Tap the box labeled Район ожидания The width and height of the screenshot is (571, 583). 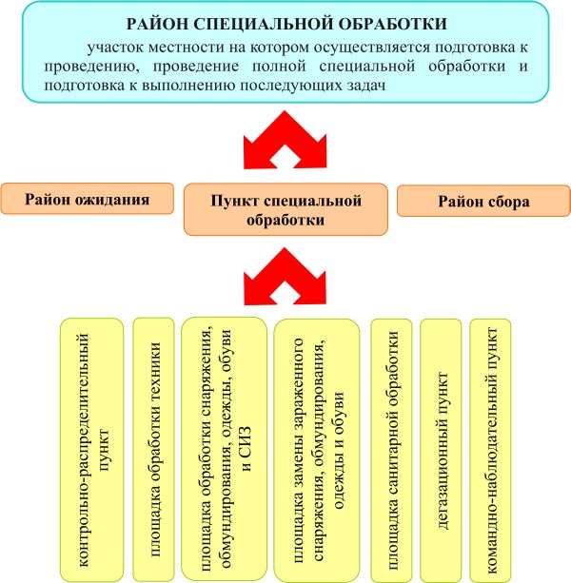coord(87,200)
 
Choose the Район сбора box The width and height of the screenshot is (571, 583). coord(483,201)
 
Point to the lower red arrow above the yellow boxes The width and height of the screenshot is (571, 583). coord(286,275)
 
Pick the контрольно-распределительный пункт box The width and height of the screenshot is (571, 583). coord(91,449)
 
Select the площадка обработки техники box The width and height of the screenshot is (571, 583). coord(152,449)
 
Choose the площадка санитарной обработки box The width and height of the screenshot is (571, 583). coord(390,449)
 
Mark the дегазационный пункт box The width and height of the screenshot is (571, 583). coord(442,449)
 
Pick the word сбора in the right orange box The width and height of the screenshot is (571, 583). coord(508,201)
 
